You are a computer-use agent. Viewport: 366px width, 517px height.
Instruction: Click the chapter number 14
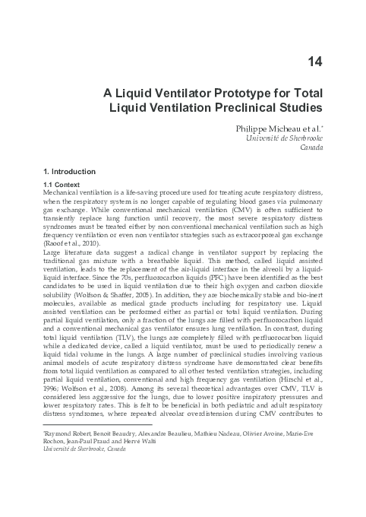pos(313,59)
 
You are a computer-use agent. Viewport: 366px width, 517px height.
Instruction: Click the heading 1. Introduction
pos(69,172)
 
